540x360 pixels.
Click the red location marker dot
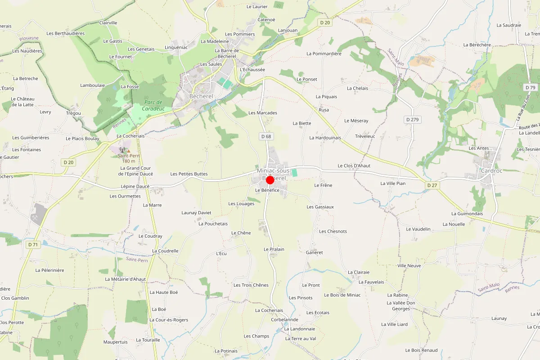270,180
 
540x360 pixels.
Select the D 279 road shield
412,120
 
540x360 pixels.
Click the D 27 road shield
432,185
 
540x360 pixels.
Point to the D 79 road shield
530,87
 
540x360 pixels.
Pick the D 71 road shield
33,244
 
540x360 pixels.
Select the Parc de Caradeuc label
153,105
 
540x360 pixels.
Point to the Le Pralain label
274,249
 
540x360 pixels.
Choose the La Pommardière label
324,54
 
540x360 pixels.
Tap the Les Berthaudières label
66,33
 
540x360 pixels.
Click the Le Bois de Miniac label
342,295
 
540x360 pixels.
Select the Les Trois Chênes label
251,285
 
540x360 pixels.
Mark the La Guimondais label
467,213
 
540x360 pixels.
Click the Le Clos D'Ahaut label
354,166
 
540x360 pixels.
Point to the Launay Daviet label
196,212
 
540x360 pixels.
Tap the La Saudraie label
508,25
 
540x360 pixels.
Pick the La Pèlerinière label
50,270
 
